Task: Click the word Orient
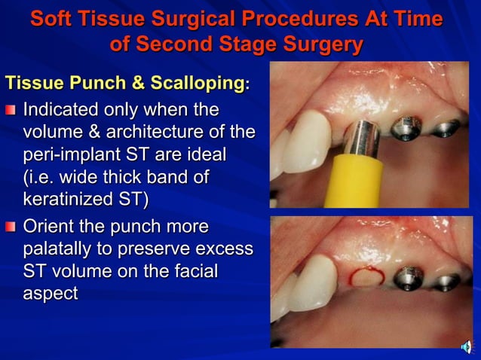click(51, 226)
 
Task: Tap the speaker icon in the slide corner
click(467, 347)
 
